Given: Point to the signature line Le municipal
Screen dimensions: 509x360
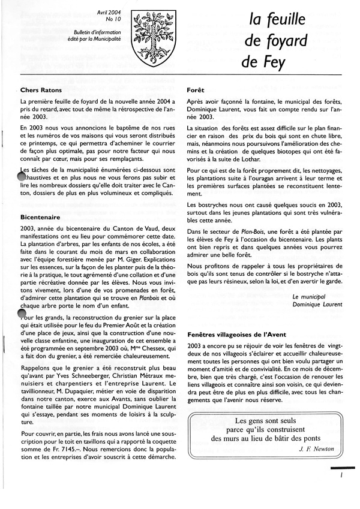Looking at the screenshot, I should pyautogui.click(x=317, y=296).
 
